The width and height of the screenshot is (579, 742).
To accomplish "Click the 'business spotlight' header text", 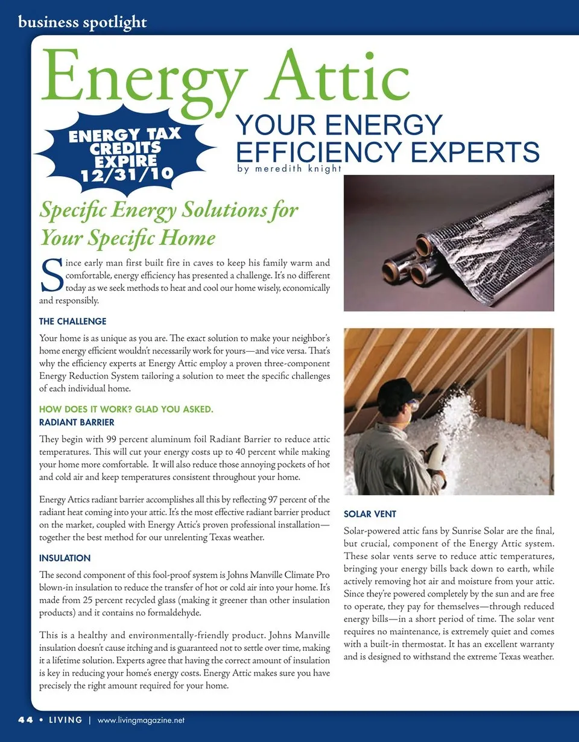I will pos(83,23).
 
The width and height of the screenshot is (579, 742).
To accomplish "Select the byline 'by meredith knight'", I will pos(289,169).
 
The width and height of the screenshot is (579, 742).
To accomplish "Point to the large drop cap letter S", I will pos(51,275).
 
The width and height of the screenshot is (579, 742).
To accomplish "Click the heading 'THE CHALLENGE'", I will pos(72,321).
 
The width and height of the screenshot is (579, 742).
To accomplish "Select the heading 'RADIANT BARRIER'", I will pos(77,422).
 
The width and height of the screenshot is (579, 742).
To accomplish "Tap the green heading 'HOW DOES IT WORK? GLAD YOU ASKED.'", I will pos(126,410).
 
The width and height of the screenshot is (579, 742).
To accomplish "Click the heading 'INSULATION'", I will pos(65,558).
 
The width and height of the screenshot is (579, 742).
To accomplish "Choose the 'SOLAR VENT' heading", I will pos(370,514).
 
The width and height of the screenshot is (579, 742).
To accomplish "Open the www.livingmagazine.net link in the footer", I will pos(141,720).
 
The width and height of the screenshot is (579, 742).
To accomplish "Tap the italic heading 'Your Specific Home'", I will pos(127,238).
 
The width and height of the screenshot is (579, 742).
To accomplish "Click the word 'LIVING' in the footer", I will pos(62,720).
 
